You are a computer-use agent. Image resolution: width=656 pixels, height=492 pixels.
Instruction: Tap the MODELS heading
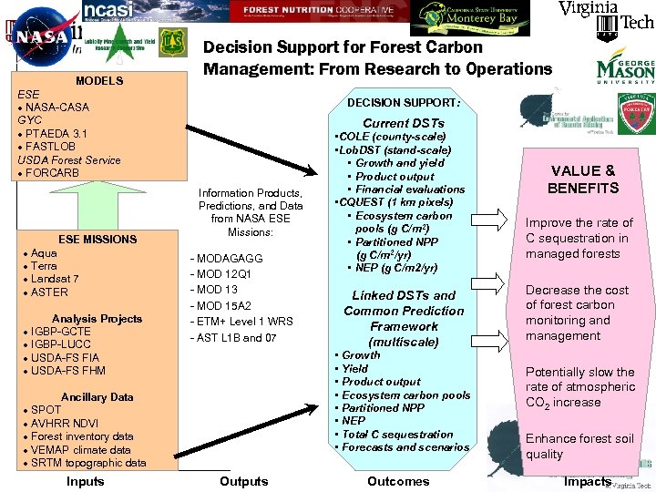coord(99,81)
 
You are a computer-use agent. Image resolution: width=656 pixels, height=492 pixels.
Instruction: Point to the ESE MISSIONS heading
coord(97,240)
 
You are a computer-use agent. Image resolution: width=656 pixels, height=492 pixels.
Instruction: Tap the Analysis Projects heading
coord(97,319)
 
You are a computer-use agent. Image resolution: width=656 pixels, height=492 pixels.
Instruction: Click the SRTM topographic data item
coord(87,463)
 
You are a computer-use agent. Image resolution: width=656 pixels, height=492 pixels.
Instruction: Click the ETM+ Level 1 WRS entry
coord(241,322)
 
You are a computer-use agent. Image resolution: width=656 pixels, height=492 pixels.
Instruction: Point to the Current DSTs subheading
coord(404,123)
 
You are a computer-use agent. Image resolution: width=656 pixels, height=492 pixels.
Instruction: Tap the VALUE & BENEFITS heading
coord(583,179)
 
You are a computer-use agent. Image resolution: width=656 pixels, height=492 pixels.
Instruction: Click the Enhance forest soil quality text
coord(579,446)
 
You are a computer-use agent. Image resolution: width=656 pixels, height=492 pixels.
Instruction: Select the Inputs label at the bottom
coord(86,481)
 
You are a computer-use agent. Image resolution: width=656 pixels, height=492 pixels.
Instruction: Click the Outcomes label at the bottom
coord(398,481)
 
